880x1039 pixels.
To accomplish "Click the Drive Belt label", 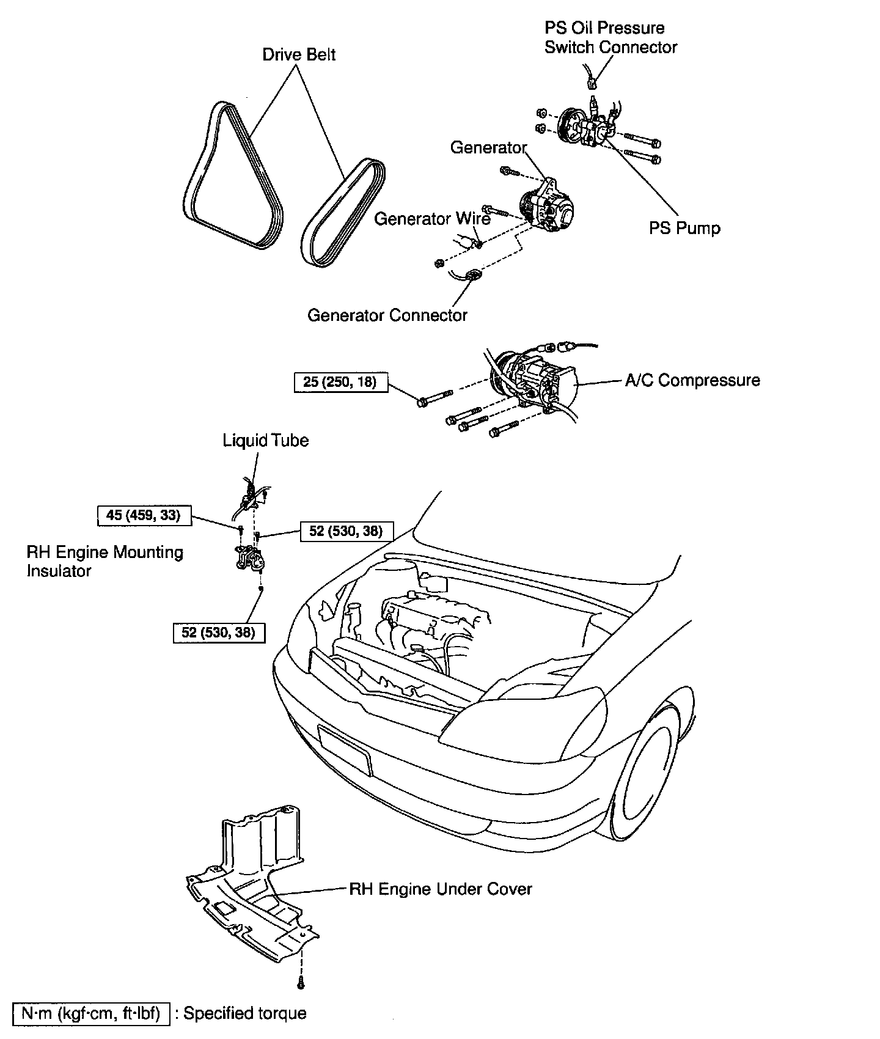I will (x=299, y=55).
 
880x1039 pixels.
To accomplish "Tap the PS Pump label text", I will (x=684, y=229).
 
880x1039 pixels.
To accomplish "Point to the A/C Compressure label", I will (x=692, y=380).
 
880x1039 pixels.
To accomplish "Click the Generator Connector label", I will (x=387, y=315).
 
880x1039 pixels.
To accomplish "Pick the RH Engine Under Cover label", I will (x=440, y=889).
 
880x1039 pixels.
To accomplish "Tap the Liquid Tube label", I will (x=265, y=441).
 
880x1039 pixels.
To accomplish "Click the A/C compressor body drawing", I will (x=532, y=382).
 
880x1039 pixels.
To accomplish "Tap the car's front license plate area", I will (x=344, y=750).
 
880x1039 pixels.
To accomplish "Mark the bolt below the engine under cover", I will (x=301, y=984).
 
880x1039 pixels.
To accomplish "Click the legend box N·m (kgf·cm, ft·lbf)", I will (x=90, y=1013).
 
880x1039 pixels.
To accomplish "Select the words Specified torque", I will (x=244, y=1013).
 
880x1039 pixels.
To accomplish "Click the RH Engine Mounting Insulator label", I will (x=104, y=561).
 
